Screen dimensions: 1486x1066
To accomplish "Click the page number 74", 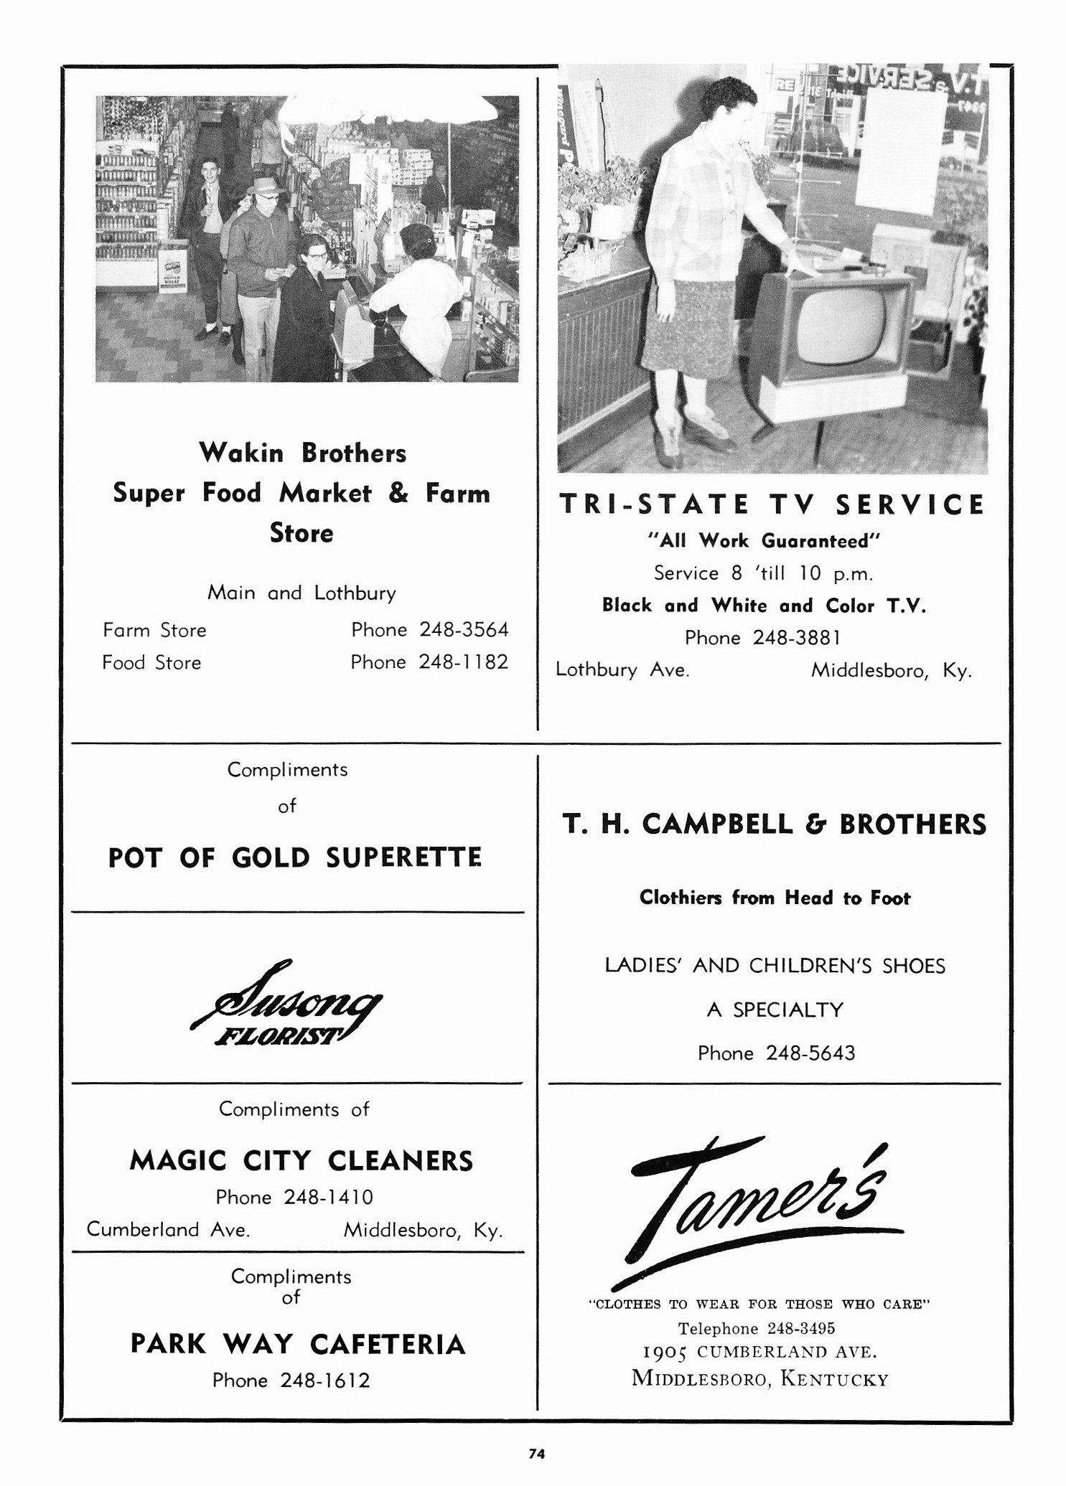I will click(x=537, y=1454).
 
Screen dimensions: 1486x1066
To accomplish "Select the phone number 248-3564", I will click(x=464, y=630).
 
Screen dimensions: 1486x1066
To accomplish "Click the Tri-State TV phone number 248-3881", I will click(x=796, y=638).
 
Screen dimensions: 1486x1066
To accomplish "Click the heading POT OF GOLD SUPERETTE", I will click(x=294, y=858).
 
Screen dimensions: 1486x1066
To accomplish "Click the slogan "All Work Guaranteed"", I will click(x=763, y=541).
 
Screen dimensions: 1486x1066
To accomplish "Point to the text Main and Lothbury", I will click(x=301, y=593).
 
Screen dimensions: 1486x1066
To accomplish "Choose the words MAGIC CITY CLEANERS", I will click(x=301, y=1161).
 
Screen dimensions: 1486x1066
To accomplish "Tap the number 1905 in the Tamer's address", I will click(x=665, y=1353).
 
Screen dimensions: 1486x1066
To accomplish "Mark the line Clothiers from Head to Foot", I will click(x=775, y=898).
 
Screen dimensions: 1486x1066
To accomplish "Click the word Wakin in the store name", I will click(x=242, y=453).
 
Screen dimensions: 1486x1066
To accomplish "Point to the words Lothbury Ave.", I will click(x=622, y=670).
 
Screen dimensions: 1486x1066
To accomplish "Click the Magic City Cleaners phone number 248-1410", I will click(x=328, y=1198).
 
